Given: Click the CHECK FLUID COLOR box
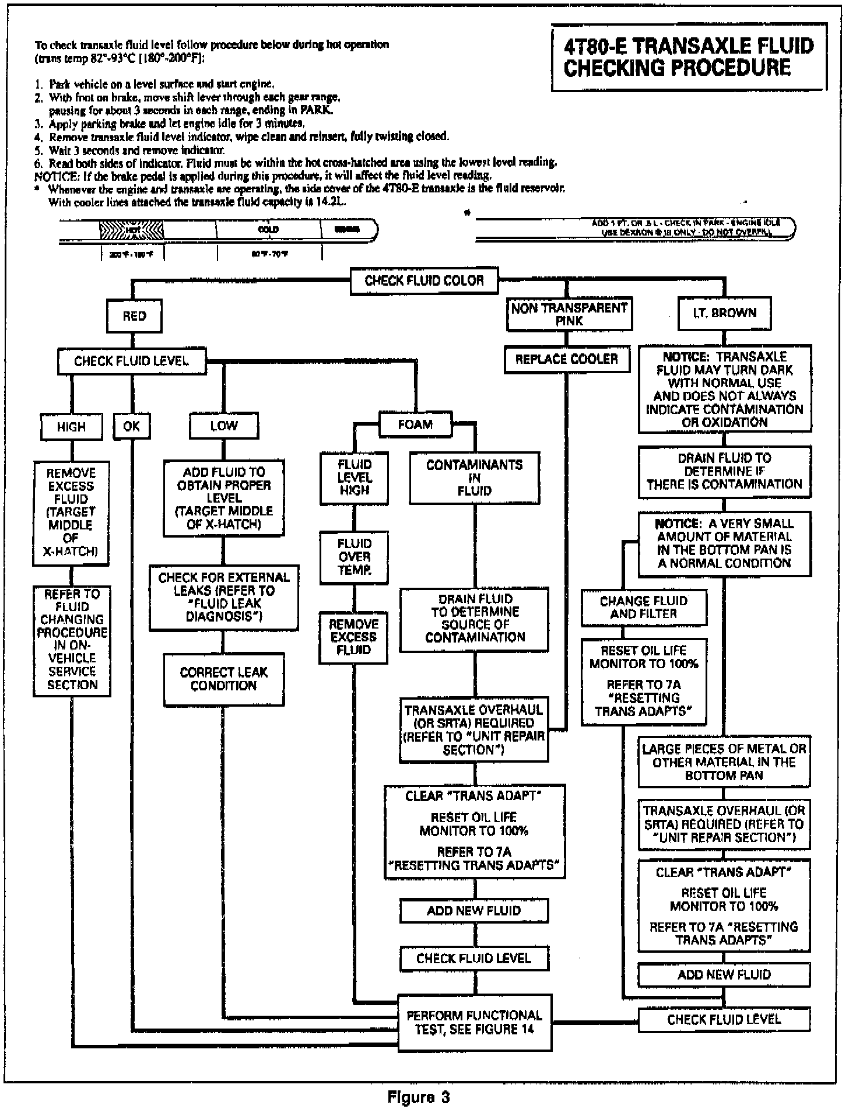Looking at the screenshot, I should coord(424,281).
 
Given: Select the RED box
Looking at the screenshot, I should coord(134,316).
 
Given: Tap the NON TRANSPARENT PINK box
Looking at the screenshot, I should coord(569,314).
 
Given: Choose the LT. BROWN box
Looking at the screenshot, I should coord(724,313).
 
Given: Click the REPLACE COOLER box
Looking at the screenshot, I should coord(567,359).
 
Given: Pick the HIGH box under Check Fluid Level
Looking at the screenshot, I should coord(71,427).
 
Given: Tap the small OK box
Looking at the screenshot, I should coord(132,426).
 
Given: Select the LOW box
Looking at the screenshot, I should coord(224,426).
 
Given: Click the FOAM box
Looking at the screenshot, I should coord(415,424).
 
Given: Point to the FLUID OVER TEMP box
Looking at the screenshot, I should coord(354,557).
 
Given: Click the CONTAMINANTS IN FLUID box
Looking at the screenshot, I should coord(474,478).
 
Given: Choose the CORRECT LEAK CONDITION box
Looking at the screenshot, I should coord(223,679).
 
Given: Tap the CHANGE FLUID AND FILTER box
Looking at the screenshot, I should coord(643,607).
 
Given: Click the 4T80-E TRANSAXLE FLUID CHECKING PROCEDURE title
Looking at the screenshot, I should coord(689,57).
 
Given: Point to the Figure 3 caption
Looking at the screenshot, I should coord(419,1098).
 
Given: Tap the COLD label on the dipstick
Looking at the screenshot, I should coord(268,229).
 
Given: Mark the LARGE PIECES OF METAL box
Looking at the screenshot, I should coord(724,761).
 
